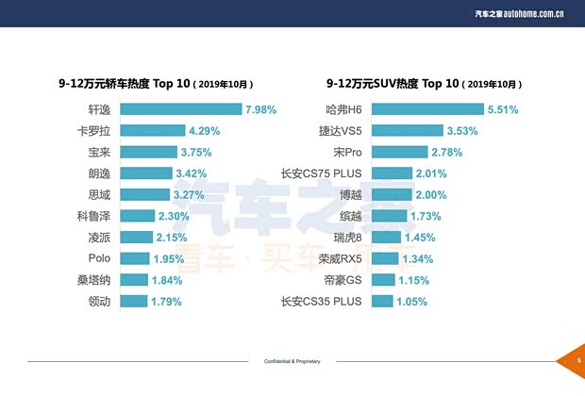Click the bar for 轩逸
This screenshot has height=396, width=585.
point(180,109)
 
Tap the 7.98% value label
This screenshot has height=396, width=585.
point(260,109)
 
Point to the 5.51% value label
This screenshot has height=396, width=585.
point(503,109)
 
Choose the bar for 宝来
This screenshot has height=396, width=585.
point(148,152)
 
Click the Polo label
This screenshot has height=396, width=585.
point(100,258)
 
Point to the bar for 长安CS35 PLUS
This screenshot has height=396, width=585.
point(382,301)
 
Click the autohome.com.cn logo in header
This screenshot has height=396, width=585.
point(532,12)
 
